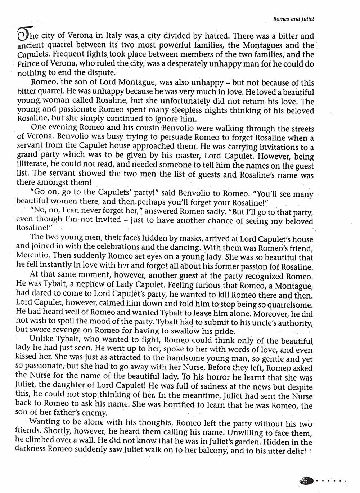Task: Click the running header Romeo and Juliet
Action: [293, 19]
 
